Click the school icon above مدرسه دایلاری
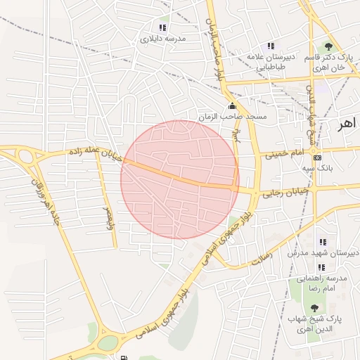[x=163, y=27]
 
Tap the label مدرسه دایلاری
[x=163, y=39]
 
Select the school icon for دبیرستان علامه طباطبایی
[x=271, y=45]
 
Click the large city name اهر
[x=347, y=124]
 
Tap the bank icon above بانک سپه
[x=318, y=157]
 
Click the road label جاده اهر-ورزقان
[x=44, y=202]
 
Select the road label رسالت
[x=261, y=259]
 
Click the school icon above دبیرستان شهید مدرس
[x=323, y=243]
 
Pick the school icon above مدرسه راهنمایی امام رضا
[x=321, y=267]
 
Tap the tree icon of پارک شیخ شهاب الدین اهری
[x=314, y=308]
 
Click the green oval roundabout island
[x=108, y=343]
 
